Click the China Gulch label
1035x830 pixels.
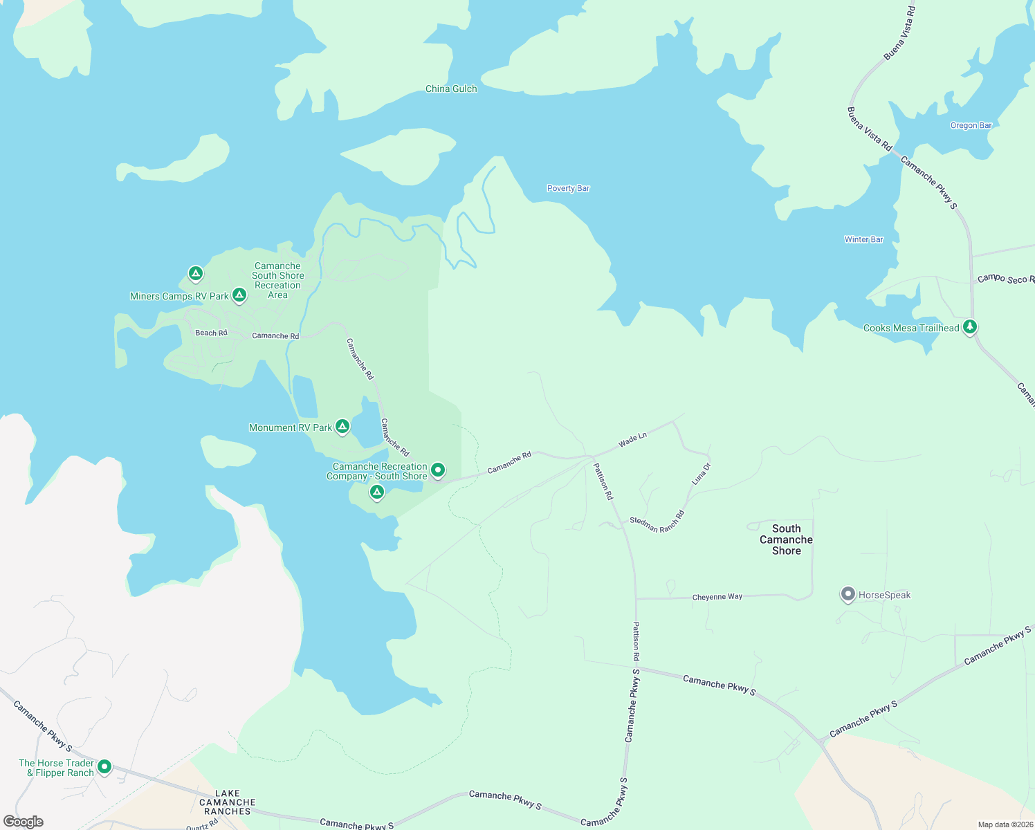click(x=451, y=89)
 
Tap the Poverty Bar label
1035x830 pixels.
click(x=568, y=188)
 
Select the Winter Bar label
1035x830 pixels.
click(x=863, y=239)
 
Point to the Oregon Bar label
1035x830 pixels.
click(x=971, y=125)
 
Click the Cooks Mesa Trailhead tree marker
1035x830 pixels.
click(x=970, y=326)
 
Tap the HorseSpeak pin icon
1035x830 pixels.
click(x=848, y=594)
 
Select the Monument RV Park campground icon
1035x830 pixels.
click(x=342, y=426)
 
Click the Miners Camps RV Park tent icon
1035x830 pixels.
click(x=239, y=295)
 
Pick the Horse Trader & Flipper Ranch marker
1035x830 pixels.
click(x=104, y=766)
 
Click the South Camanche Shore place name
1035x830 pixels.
click(x=786, y=539)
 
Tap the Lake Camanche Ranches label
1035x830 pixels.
click(x=227, y=802)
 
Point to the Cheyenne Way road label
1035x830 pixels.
click(x=717, y=597)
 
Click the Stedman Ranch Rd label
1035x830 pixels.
click(x=657, y=521)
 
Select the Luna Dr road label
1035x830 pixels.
click(x=701, y=474)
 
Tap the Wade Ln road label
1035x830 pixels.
click(x=632, y=439)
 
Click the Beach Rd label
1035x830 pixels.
click(x=211, y=333)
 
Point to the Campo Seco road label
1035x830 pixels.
click(x=1005, y=279)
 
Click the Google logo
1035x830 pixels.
click(x=24, y=822)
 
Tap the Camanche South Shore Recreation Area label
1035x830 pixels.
click(x=277, y=280)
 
